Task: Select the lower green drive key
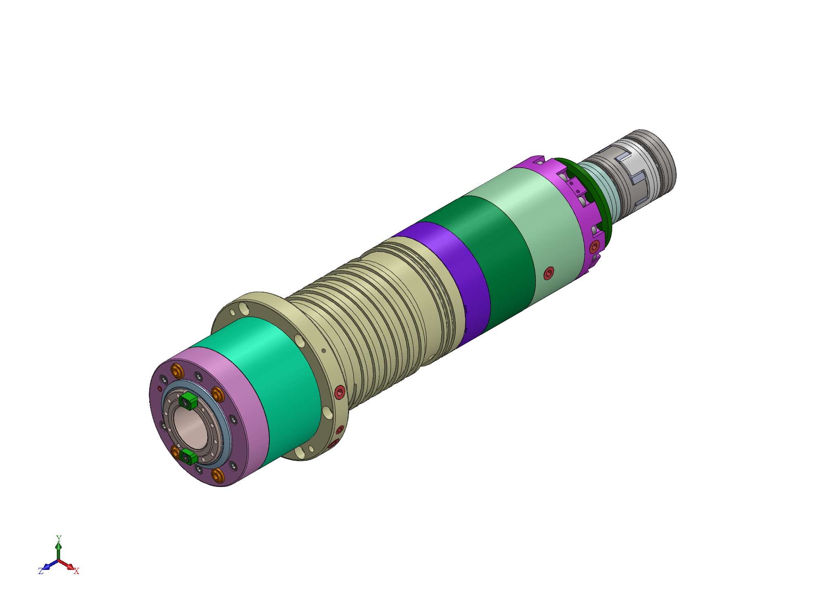189,455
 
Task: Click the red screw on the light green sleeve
550,273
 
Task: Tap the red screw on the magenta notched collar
595,247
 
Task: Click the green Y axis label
58,538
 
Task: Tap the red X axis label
76,571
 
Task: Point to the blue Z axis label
41,571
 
